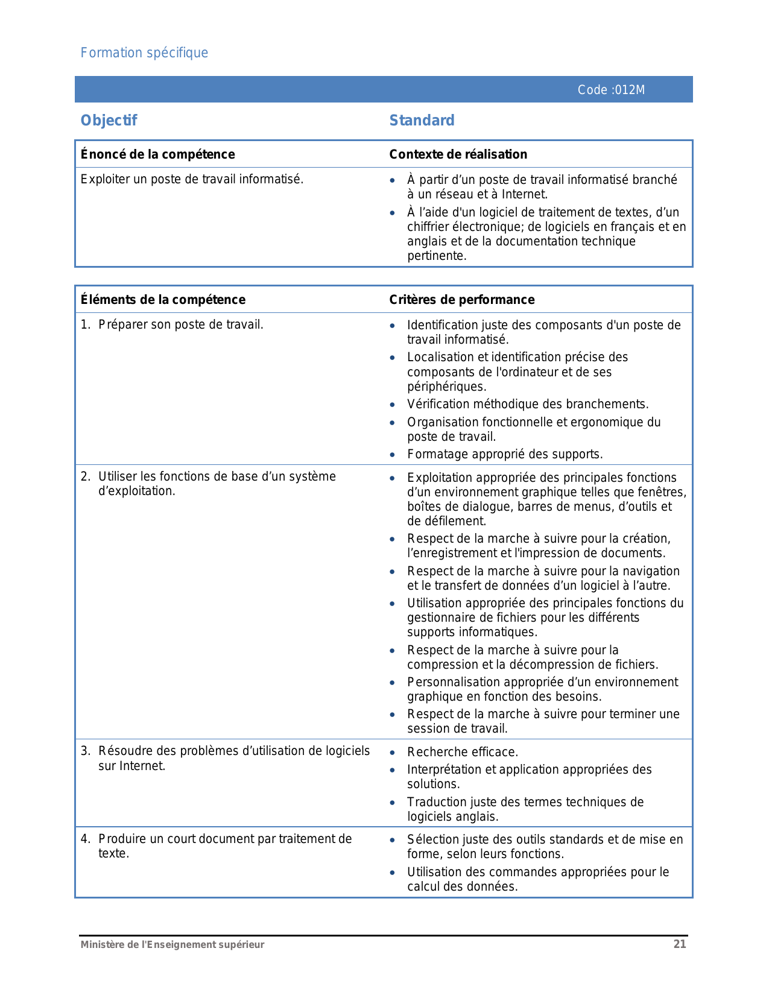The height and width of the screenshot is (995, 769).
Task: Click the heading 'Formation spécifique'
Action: pos(144,53)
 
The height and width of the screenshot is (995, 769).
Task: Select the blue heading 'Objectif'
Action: pos(109,121)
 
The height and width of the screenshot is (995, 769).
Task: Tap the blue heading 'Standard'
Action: pos(422,121)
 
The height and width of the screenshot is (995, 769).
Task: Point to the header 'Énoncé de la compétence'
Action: pos(157,154)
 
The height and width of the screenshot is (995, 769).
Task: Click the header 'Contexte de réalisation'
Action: pos(458,154)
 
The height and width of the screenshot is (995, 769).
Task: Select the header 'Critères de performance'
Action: pos(461,300)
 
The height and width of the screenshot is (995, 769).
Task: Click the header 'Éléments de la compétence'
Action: pos(163,300)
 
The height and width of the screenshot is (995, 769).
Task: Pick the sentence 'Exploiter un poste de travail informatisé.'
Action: pos(192,179)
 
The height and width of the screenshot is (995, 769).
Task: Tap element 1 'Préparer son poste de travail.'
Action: pos(180,324)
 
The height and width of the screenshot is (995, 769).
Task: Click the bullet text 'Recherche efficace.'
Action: pos(462,752)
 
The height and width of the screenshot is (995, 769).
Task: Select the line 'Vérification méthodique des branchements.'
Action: pos(528,404)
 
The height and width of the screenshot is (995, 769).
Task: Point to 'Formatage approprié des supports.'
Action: pos(505,454)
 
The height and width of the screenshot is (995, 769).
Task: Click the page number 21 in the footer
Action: pos(680,944)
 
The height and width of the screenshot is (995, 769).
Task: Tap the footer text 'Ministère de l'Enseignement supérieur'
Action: pos(172,945)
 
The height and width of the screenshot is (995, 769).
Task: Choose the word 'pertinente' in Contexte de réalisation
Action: pos(436,256)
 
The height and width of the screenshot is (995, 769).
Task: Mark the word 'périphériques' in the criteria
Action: pos(446,387)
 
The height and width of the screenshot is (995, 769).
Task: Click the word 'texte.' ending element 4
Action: pos(113,853)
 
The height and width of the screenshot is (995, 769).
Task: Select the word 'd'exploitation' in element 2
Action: pos(136,491)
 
